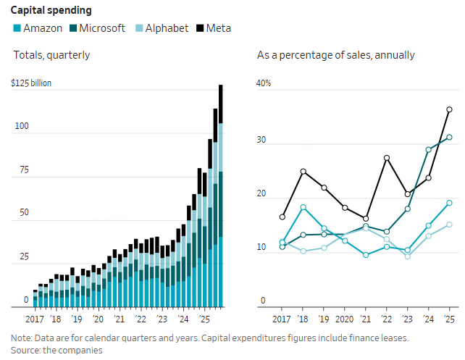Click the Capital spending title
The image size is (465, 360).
50,10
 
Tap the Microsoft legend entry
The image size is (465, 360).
104,28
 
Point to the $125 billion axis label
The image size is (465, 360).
31,83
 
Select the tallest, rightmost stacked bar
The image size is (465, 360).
220,196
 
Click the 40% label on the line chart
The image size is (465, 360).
264,83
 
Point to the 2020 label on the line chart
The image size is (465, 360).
345,319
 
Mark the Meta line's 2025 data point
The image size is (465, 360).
449,109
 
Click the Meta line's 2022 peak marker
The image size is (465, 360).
387,158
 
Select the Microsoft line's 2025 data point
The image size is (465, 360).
449,137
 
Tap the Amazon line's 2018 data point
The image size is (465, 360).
303,207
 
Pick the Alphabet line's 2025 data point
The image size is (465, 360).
449,225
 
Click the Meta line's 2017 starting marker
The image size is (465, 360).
282,217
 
